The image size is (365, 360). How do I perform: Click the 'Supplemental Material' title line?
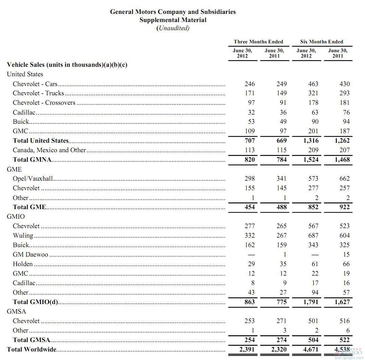click(x=173, y=20)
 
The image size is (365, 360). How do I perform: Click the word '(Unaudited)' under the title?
click(x=173, y=28)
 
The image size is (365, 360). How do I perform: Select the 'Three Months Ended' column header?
click(x=258, y=42)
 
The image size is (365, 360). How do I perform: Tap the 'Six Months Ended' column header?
click(x=322, y=42)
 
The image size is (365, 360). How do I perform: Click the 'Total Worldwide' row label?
click(x=32, y=349)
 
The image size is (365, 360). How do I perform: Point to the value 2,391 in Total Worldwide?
click(x=247, y=349)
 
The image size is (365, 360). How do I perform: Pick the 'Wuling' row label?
click(x=23, y=235)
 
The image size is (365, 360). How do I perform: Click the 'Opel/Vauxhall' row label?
click(x=33, y=178)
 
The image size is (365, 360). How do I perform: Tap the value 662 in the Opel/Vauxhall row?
click(x=344, y=178)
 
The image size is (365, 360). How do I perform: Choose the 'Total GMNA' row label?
click(x=32, y=159)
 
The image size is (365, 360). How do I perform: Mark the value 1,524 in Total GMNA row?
click(x=311, y=159)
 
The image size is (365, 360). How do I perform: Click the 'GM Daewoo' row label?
click(x=31, y=254)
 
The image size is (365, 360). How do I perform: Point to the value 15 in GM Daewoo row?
click(x=346, y=254)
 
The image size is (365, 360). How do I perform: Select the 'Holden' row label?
click(x=23, y=264)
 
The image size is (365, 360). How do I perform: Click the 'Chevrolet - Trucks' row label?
click(x=38, y=93)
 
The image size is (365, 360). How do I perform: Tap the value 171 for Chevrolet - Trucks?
click(x=249, y=93)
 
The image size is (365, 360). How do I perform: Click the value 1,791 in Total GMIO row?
click(x=311, y=302)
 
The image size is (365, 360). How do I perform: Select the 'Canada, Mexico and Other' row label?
click(x=50, y=150)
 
